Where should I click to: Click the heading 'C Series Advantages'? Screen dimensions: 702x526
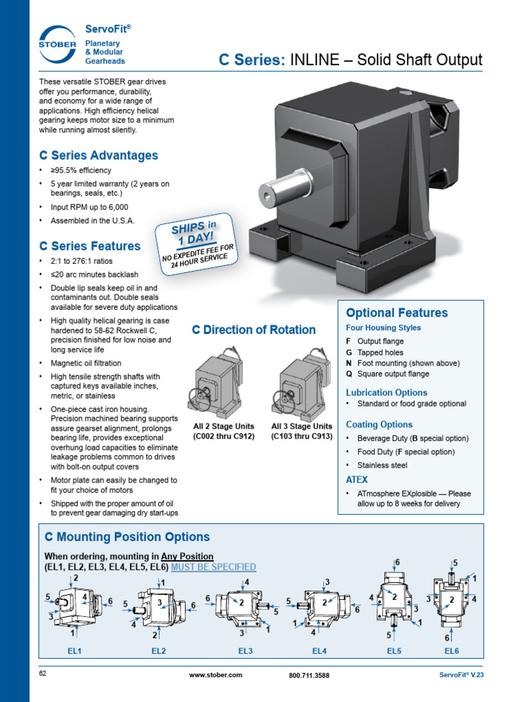pyautogui.click(x=99, y=156)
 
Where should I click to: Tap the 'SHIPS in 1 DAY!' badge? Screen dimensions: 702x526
pyautogui.click(x=195, y=243)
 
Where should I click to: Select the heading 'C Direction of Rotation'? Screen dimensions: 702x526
pyautogui.click(x=253, y=330)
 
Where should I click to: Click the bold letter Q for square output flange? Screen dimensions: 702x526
pyautogui.click(x=349, y=374)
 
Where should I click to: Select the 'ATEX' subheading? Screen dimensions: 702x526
pyautogui.click(x=357, y=480)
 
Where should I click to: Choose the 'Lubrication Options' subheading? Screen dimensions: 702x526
pyautogui.click(x=386, y=393)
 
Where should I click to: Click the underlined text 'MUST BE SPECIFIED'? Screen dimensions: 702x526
pyautogui.click(x=214, y=567)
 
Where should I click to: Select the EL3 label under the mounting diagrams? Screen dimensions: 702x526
pyautogui.click(x=246, y=651)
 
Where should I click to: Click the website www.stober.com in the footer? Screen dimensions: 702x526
pyautogui.click(x=215, y=675)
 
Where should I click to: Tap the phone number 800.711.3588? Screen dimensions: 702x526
pyautogui.click(x=309, y=675)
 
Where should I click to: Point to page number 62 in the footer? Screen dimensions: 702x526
pyautogui.click(x=42, y=674)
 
